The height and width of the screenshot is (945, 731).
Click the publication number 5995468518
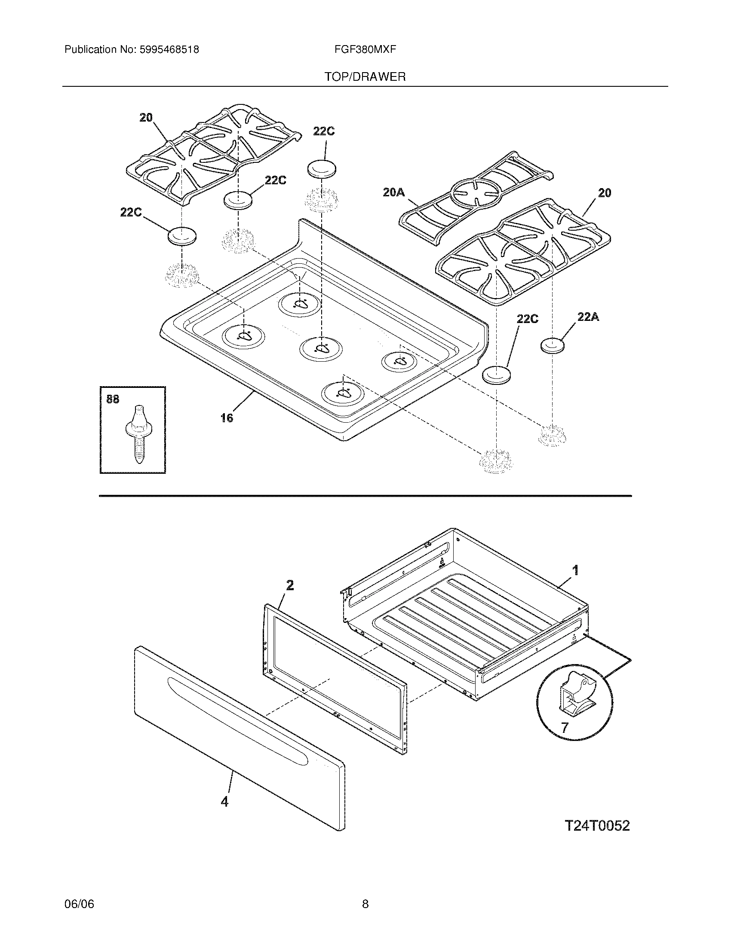click(169, 50)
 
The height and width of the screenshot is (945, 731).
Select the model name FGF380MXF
click(365, 50)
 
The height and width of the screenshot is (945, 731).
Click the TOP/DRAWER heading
click(365, 77)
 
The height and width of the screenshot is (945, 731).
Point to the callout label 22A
click(588, 317)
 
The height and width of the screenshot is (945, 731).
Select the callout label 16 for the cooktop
click(227, 418)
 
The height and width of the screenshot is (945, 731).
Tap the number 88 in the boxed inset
click(113, 399)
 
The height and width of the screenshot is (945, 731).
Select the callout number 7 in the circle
click(565, 728)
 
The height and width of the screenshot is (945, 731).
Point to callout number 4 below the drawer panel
click(224, 802)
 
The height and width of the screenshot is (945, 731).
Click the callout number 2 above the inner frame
click(290, 585)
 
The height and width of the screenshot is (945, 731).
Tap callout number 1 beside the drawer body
click(575, 570)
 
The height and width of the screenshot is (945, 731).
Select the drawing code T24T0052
click(597, 826)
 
